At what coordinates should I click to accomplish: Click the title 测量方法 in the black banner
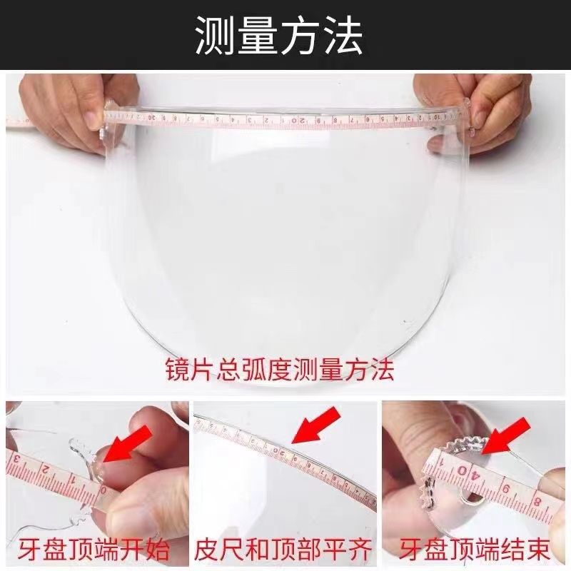point(279,36)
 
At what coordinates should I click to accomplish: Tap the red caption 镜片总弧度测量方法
point(280,370)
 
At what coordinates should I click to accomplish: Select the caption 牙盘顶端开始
point(95,550)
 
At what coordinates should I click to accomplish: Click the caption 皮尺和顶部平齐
point(283,550)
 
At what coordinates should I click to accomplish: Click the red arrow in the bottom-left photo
point(128,445)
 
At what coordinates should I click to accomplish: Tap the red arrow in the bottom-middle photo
point(316,425)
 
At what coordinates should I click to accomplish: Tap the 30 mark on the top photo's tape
point(153,117)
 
